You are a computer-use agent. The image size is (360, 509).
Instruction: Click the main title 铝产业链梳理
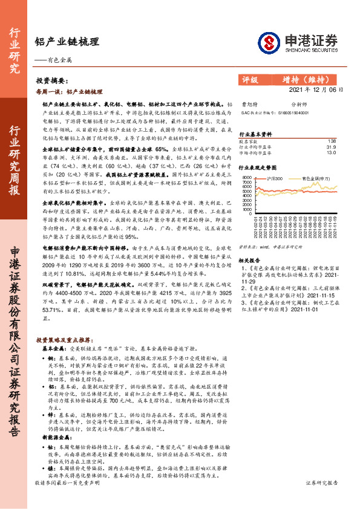click(67, 42)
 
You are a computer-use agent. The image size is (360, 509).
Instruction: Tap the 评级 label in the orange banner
click(250, 79)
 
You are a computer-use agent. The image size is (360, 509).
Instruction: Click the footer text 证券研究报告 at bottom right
click(337, 500)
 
